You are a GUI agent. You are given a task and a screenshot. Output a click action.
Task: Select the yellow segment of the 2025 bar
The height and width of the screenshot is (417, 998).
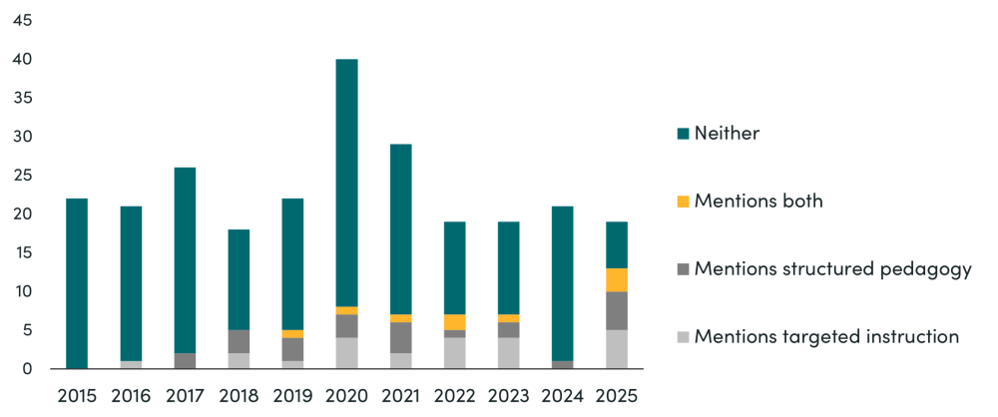point(617,280)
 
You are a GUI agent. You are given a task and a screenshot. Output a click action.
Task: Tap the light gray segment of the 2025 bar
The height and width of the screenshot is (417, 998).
point(617,349)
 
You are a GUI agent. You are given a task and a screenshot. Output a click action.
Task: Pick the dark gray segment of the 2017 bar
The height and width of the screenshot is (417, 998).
point(185,360)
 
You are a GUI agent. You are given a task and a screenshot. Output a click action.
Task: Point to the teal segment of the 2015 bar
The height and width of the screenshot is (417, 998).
point(77,283)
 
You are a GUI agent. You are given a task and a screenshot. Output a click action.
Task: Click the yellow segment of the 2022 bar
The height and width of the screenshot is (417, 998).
point(455,322)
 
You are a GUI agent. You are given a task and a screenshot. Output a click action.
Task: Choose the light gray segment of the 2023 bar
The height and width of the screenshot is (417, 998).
point(509,353)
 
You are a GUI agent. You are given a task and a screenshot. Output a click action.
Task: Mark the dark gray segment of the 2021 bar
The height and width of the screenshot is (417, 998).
point(401,337)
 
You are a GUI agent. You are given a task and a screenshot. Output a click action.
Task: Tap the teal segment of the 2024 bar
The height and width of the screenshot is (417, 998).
point(563,283)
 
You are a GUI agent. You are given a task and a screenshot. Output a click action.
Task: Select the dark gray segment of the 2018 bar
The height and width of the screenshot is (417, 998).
point(239,341)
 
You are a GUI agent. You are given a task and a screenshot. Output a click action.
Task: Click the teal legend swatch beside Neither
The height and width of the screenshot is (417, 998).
point(683,134)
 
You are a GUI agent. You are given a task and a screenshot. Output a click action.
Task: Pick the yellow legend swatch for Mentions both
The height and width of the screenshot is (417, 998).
point(683,202)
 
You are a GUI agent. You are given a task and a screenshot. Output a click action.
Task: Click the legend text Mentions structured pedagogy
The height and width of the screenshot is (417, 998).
point(832,268)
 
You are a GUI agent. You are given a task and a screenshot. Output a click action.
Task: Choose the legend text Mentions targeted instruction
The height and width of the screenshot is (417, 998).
point(826,336)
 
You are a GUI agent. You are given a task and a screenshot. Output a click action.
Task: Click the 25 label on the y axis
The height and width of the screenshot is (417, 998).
point(22,176)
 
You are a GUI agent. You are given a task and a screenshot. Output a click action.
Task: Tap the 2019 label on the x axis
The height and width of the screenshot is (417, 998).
point(292,394)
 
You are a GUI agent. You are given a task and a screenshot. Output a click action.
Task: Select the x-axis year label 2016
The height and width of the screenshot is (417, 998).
point(131,394)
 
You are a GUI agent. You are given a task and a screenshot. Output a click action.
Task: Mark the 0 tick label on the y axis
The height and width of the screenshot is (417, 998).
point(27,369)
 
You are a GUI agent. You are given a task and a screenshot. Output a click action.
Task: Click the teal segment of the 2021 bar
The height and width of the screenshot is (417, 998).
point(401,229)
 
